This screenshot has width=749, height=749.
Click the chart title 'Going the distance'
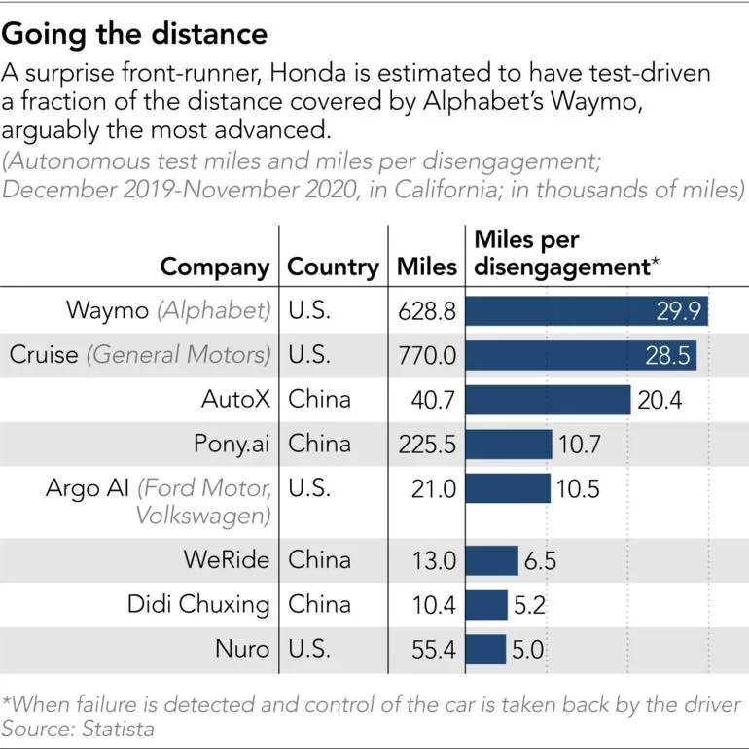coord(135,35)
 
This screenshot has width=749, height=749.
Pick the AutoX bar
coord(549,399)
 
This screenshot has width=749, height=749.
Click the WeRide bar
coord(492,560)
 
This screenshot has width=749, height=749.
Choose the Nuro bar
coord(486,649)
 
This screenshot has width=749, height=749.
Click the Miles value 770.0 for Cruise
coord(427,356)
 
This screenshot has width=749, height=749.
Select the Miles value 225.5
coord(427,445)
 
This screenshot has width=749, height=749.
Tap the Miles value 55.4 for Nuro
coord(433,649)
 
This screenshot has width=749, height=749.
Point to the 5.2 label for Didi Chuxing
coord(529,605)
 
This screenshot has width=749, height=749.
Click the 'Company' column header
coord(214,267)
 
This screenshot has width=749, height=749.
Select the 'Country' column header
coord(334,267)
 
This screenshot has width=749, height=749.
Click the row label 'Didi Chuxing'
coord(198,605)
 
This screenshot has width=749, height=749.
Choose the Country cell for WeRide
coord(320,560)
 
